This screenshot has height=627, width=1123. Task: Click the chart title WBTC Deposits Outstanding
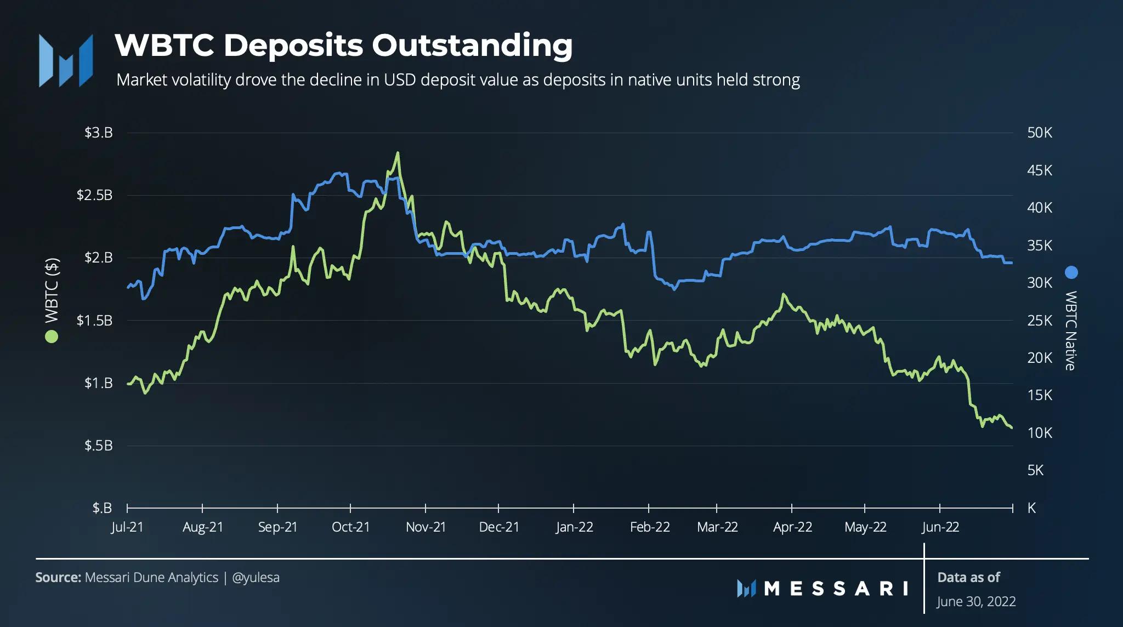tap(344, 45)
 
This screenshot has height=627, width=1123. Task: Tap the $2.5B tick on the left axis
tap(94, 195)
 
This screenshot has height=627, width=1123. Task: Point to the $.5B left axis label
tap(98, 446)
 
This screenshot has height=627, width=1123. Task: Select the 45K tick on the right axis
tap(1040, 170)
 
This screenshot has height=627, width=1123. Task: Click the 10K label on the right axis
tap(1040, 433)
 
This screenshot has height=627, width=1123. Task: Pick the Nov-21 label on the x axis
tap(426, 527)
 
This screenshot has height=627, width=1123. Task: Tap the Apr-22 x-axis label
tap(792, 527)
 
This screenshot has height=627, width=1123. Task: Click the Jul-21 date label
tap(127, 527)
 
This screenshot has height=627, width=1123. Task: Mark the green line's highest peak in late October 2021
tap(398, 153)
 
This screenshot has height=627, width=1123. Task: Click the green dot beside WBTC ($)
tap(52, 337)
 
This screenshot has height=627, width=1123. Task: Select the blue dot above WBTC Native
tap(1071, 272)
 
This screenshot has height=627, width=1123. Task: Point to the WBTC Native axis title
tap(1071, 330)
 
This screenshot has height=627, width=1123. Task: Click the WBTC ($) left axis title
tap(52, 290)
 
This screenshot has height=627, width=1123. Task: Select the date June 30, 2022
tap(976, 602)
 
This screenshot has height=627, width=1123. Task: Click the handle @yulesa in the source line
tap(256, 578)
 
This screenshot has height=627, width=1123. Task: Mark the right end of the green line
tap(1011, 428)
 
